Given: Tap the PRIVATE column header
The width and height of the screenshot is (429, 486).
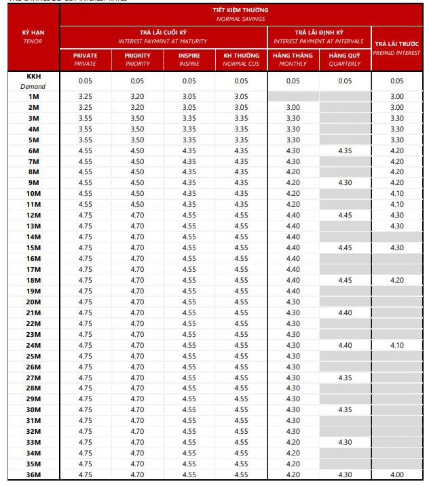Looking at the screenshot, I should pyautogui.click(x=86, y=59).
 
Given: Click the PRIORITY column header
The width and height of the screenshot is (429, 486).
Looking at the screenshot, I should pyautogui.click(x=137, y=59).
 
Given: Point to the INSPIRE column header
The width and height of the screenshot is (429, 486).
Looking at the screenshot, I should pyautogui.click(x=189, y=59).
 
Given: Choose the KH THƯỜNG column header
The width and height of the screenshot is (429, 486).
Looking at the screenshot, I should pyautogui.click(x=242, y=59).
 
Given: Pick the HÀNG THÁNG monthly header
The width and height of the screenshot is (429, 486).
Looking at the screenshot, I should pyautogui.click(x=293, y=59).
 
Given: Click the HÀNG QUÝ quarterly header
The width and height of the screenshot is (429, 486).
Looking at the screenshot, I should pyautogui.click(x=346, y=59).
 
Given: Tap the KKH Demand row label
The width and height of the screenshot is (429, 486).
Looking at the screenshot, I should pyautogui.click(x=33, y=81).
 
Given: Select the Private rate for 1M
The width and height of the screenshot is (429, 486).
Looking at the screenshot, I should pyautogui.click(x=86, y=97).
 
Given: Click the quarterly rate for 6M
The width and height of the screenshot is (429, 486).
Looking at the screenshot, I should pyautogui.click(x=346, y=150).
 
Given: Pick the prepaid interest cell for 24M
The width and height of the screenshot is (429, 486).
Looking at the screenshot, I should pyautogui.click(x=397, y=345).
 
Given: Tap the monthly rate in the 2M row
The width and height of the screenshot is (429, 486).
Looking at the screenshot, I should pyautogui.click(x=293, y=108).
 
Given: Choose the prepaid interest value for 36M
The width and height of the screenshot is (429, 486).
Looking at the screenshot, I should pyautogui.click(x=397, y=474).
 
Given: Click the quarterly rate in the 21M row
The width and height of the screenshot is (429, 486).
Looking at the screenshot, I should pyautogui.click(x=346, y=312).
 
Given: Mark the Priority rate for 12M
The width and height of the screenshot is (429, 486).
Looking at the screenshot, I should pyautogui.click(x=137, y=216).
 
